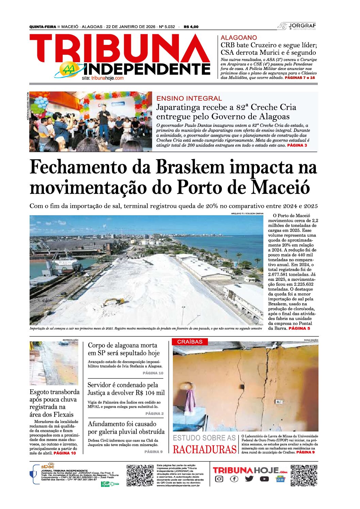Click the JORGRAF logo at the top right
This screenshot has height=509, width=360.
click(x=297, y=26)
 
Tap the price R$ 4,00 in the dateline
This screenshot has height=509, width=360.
click(x=191, y=27)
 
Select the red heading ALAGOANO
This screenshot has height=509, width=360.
click(x=239, y=38)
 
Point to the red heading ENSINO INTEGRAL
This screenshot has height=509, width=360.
click(x=189, y=98)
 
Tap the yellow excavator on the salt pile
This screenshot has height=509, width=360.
click(x=114, y=301)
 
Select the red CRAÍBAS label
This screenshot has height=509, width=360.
click(x=190, y=342)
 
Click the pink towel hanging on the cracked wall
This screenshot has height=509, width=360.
click(x=190, y=401)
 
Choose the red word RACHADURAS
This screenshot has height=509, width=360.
click(x=204, y=449)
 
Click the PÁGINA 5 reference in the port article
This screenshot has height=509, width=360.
click(x=299, y=328)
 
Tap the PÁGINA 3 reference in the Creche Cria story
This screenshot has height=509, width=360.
click(x=297, y=145)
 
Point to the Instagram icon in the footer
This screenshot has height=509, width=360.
click(x=219, y=479)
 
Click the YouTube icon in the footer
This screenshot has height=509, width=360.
click(x=264, y=479)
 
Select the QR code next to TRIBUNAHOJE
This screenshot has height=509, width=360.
click(x=304, y=475)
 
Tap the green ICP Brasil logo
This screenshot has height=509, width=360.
click(x=109, y=484)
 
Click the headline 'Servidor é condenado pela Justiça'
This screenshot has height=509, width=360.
click(x=126, y=389)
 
